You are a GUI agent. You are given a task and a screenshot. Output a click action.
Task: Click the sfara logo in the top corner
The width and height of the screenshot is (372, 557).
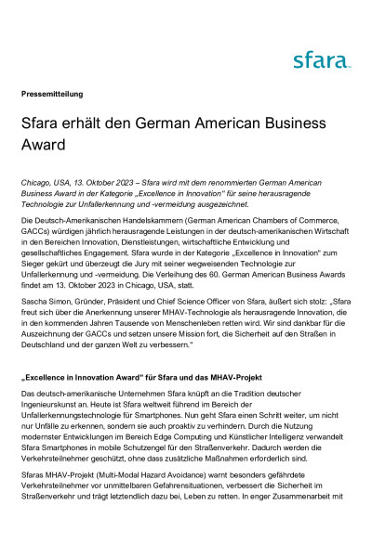pyautogui.click(x=322, y=61)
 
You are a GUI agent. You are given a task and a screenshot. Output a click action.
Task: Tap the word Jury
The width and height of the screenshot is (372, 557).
pyautogui.click(x=158, y=261)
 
